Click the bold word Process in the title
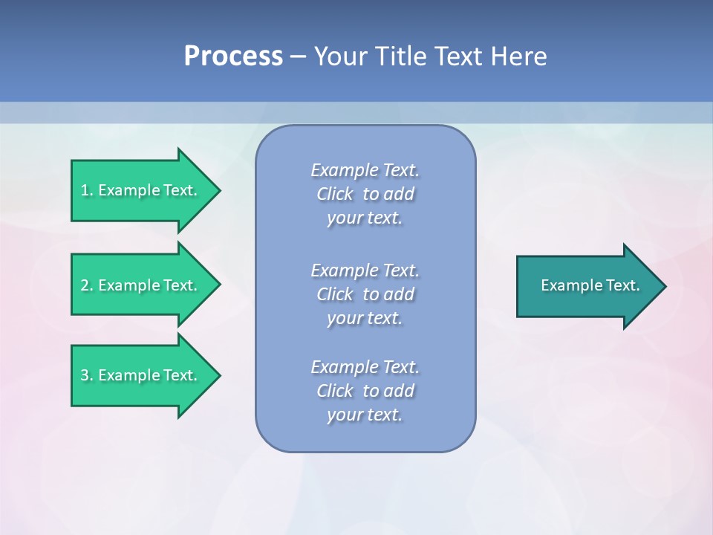(233, 56)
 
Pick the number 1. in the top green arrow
(87, 190)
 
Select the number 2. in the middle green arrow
(87, 285)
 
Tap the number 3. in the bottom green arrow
(87, 375)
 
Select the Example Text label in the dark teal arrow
(590, 285)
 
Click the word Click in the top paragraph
(335, 194)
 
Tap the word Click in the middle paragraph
(335, 294)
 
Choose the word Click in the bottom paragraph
(335, 391)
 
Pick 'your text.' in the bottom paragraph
(365, 415)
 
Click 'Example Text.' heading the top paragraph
(365, 170)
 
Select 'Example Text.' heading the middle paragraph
(365, 270)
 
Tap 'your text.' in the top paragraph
(365, 218)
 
